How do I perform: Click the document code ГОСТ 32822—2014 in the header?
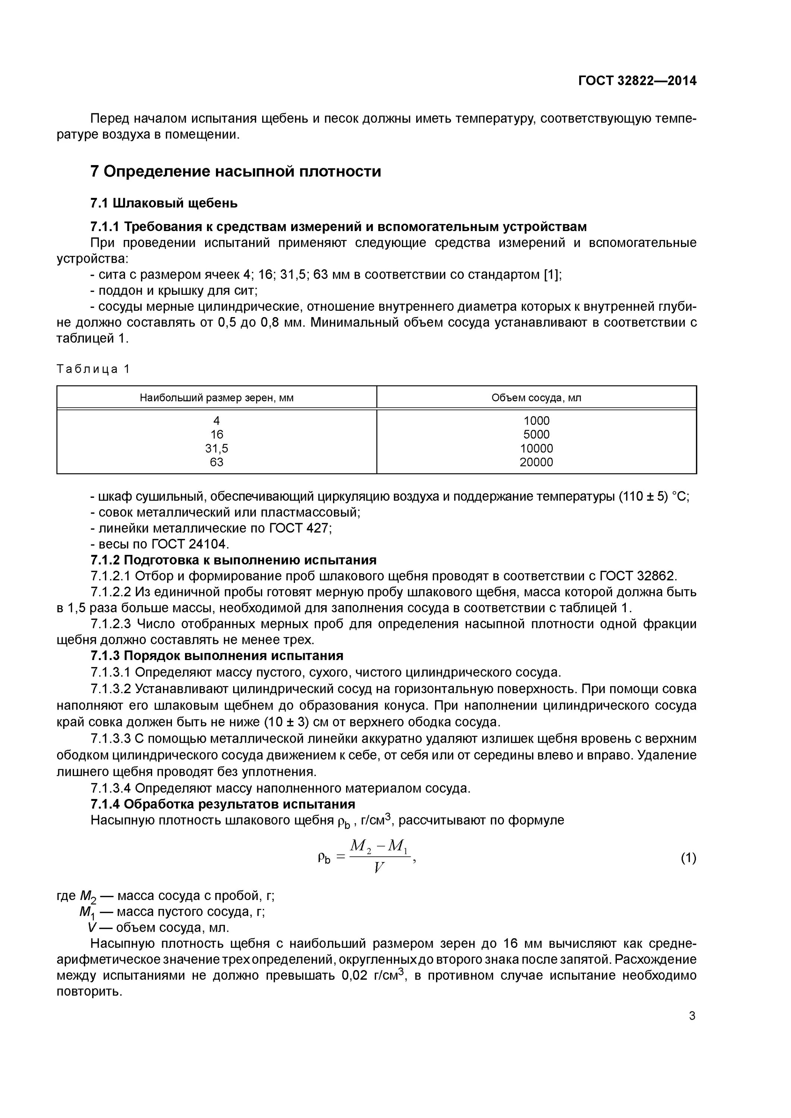[x=637, y=81]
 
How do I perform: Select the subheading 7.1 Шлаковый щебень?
[x=164, y=203]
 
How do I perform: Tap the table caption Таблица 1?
[x=93, y=369]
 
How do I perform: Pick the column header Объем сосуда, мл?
[x=536, y=398]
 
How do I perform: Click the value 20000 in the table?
[x=536, y=462]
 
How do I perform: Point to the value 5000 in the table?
[x=536, y=435]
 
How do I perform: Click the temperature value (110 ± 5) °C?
[x=653, y=497]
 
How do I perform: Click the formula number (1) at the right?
[x=688, y=871]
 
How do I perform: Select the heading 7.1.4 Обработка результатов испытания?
[x=223, y=804]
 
